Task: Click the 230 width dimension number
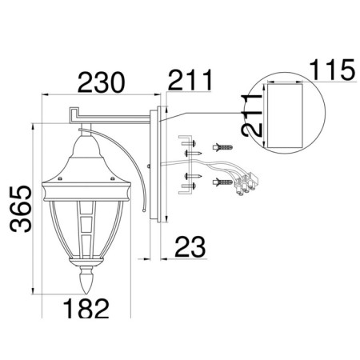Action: pyautogui.click(x=102, y=82)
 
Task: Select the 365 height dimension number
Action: pyautogui.click(x=21, y=209)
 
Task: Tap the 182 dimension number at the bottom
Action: pyautogui.click(x=86, y=308)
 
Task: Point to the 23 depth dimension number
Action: pyautogui.click(x=190, y=246)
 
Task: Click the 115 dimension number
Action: pyautogui.click(x=334, y=70)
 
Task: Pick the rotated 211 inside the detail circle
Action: pyautogui.click(x=251, y=115)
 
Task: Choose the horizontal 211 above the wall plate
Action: pyautogui.click(x=190, y=80)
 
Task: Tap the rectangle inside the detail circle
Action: pyautogui.click(x=285, y=116)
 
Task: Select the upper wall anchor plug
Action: pyautogui.click(x=222, y=147)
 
